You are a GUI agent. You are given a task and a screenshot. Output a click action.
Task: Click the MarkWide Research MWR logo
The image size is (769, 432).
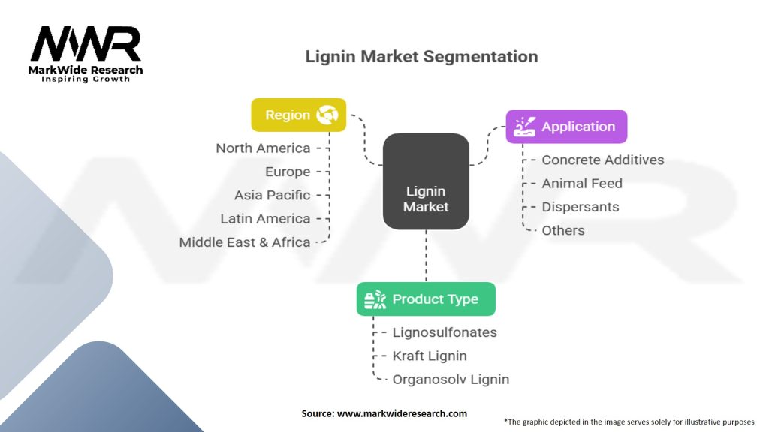[x=86, y=53]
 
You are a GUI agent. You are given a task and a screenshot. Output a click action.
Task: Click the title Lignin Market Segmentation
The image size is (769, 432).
[x=421, y=56]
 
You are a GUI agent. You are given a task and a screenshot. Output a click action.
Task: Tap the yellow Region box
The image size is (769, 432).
[x=299, y=115]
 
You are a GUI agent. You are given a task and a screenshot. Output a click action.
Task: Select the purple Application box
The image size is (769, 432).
[x=566, y=127]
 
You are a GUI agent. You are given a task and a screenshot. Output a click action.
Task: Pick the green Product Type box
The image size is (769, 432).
[x=426, y=298]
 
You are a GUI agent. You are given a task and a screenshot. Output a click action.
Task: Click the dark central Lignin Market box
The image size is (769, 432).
[x=426, y=181]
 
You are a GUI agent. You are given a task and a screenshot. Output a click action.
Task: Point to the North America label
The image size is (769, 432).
[x=263, y=148]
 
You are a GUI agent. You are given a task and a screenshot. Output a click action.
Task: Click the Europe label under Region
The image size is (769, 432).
[x=288, y=172]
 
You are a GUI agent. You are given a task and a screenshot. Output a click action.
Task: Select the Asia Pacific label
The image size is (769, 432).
[x=272, y=196]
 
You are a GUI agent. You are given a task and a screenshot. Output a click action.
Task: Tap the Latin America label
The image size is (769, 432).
[x=265, y=219]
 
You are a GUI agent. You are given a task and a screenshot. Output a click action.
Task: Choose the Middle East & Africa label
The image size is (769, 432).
[x=244, y=242]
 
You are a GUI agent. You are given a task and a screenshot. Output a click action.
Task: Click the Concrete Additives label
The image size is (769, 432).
[x=603, y=160]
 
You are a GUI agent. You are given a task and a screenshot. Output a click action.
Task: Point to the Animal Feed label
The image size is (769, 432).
[x=582, y=184]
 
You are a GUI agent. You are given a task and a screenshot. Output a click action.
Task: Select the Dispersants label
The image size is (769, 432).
[x=581, y=207]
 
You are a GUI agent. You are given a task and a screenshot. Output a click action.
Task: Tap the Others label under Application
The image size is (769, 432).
[x=563, y=231]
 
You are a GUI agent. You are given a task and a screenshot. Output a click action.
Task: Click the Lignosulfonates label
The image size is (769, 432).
[x=445, y=332]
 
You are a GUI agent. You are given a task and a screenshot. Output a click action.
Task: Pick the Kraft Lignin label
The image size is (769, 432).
[x=430, y=356]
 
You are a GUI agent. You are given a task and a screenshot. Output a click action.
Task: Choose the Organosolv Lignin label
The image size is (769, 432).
[x=451, y=379]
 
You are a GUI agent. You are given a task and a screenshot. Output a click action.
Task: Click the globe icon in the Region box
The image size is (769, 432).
[x=327, y=115]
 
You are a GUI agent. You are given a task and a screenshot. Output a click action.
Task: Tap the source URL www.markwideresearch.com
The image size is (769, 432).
[x=402, y=413]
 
